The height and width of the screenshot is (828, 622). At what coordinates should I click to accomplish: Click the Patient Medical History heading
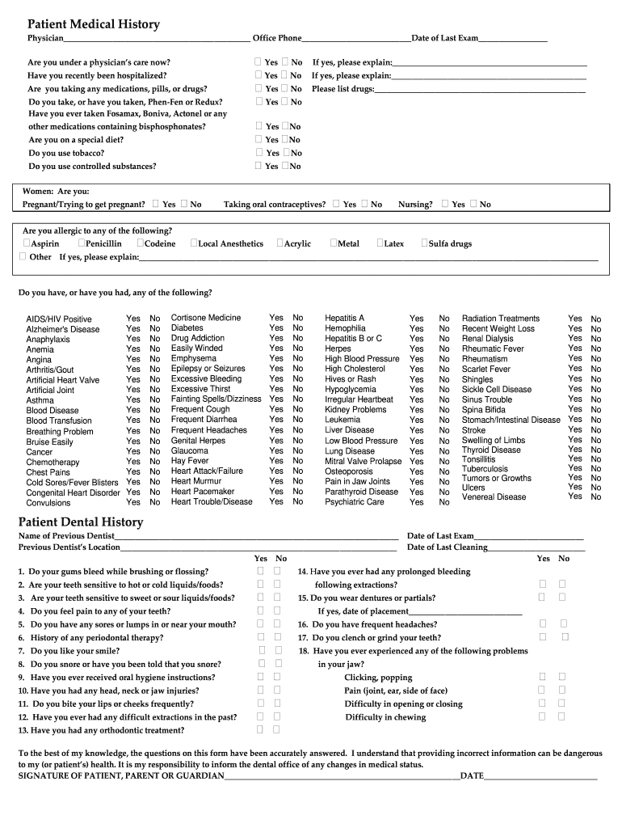coord(93,24)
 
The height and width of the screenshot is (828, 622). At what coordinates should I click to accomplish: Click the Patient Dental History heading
coord(81,522)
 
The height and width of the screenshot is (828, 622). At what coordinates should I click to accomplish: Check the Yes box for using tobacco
coord(259,152)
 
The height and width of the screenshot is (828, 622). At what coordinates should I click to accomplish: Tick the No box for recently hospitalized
coord(285,75)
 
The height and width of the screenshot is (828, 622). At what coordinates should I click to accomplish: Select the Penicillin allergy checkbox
coord(82,243)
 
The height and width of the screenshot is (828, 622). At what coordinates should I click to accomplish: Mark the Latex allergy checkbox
coord(380,243)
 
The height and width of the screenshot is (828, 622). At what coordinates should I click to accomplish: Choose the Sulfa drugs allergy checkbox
coord(424,243)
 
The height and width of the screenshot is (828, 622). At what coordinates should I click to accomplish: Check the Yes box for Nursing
coord(445,204)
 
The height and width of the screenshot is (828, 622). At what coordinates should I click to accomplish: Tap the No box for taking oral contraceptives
coord(365,204)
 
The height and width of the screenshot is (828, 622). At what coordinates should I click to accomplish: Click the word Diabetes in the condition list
coord(187,328)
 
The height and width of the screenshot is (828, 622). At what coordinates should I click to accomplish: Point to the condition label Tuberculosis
coord(485,468)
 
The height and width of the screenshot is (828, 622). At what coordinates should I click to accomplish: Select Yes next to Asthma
coord(133,400)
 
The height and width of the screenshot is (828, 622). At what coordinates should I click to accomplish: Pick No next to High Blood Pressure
coord(444,359)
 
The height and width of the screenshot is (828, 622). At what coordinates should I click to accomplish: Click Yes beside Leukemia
coord(416,420)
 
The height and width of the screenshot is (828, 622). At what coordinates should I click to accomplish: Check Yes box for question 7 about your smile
coord(262,650)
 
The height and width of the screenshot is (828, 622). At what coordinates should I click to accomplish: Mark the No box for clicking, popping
coord(563,677)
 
